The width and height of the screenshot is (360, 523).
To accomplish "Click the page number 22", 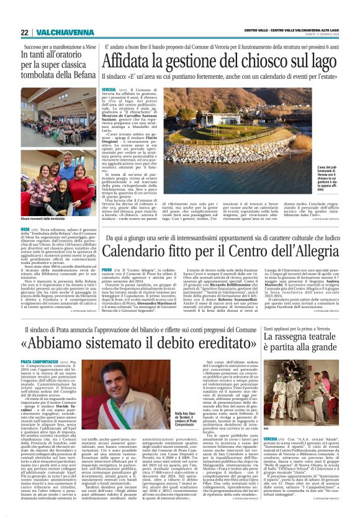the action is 24,32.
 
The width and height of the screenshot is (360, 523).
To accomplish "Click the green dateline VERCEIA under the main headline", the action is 109,91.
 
